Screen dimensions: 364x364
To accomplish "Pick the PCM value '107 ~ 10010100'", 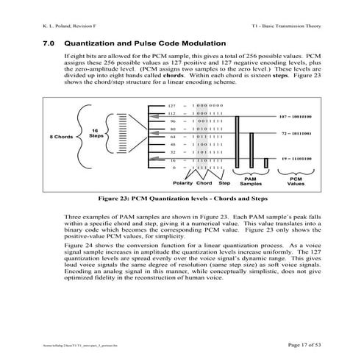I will [296, 116].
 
